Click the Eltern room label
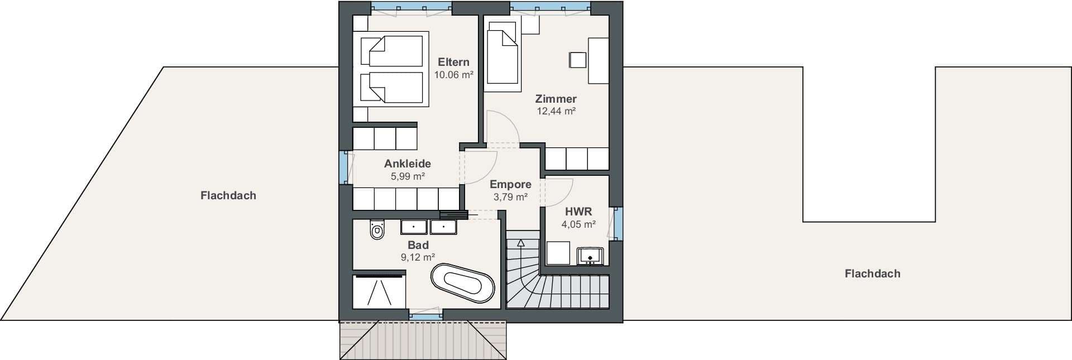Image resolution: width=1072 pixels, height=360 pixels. (x=453, y=62)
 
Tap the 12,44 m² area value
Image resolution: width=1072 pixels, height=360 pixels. (x=556, y=111)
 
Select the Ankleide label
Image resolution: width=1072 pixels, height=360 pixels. (x=408, y=164)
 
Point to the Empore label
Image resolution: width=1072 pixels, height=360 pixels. (x=510, y=185)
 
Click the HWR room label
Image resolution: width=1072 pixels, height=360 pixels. (x=578, y=212)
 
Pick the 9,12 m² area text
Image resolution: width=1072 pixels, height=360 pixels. (x=418, y=257)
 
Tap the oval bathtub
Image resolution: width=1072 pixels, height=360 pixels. (x=463, y=283)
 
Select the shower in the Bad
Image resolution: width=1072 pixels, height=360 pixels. (x=379, y=290)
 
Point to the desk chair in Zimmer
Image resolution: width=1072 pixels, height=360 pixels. (x=577, y=60)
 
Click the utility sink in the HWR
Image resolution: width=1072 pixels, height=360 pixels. (x=590, y=256)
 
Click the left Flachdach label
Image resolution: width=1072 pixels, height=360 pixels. (x=228, y=195)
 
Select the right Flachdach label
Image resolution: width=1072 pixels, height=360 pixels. (x=872, y=273)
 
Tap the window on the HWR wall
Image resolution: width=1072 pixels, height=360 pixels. (x=618, y=223)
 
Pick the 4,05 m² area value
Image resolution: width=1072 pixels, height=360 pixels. (x=578, y=224)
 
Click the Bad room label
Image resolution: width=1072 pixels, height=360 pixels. (x=418, y=245)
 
